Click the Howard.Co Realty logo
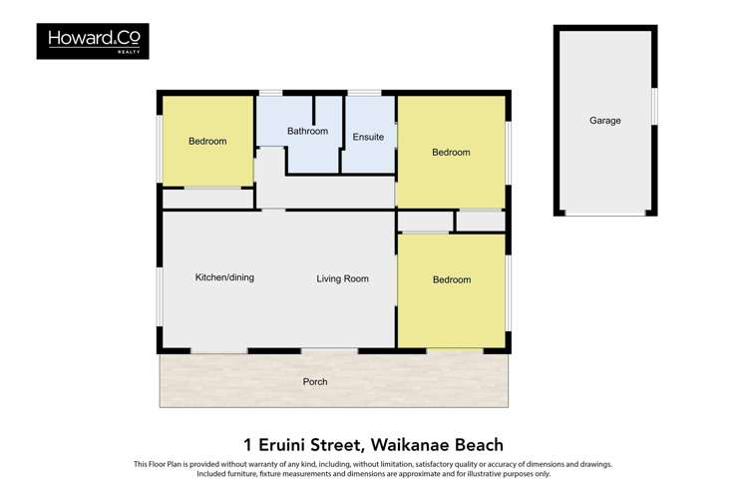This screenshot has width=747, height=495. click(x=93, y=41)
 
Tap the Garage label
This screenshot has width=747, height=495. click(x=604, y=120)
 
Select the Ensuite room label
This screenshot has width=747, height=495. click(x=368, y=137)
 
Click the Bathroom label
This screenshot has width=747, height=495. click(x=307, y=131)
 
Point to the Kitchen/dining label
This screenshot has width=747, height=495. click(x=224, y=277)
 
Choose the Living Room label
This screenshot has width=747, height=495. click(x=342, y=278)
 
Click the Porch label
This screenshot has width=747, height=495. click(x=315, y=381)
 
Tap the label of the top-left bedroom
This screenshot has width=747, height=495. click(x=207, y=141)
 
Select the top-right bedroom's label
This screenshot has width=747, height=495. click(x=451, y=152)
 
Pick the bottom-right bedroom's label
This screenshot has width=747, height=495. click(x=451, y=279)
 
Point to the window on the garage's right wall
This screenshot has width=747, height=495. click(x=654, y=106)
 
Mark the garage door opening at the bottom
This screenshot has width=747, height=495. click(x=604, y=214)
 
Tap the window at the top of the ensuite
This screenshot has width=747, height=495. click(x=364, y=93)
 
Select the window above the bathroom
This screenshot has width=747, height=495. click(x=270, y=93)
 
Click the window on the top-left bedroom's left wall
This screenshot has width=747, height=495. click(x=160, y=148)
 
